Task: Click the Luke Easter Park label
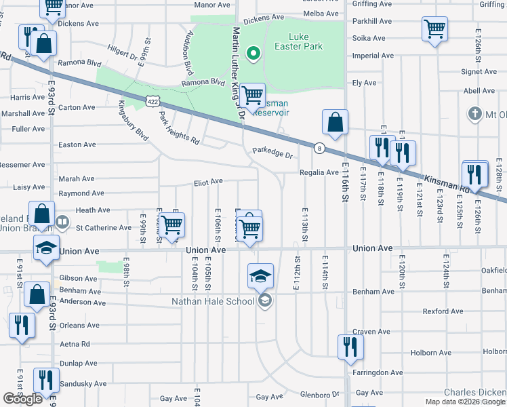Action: pyautogui.click(x=306, y=41)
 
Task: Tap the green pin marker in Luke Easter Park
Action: pyautogui.click(x=254, y=53)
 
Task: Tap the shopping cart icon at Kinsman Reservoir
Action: pyautogui.click(x=252, y=96)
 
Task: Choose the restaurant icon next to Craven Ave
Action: pyautogui.click(x=350, y=347)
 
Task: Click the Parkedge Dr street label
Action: pyautogui.click(x=272, y=155)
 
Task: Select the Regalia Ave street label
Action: pyautogui.click(x=319, y=172)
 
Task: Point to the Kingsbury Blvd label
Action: pyautogui.click(x=133, y=121)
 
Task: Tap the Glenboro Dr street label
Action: pyautogui.click(x=319, y=395)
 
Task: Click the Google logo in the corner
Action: pyautogui.click(x=23, y=399)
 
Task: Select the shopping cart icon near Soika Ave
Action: pyautogui.click(x=434, y=30)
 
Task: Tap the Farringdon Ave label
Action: pyautogui.click(x=378, y=372)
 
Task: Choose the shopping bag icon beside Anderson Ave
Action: pyautogui.click(x=37, y=295)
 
